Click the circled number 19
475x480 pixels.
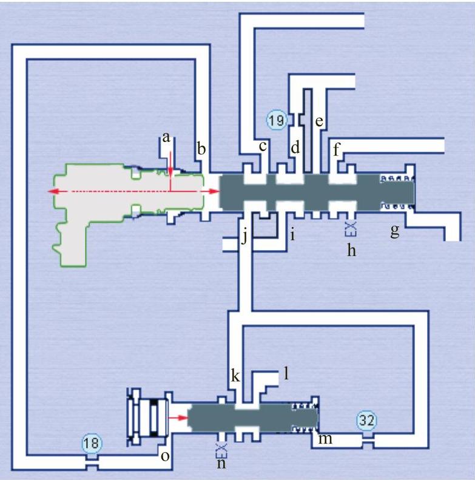276,120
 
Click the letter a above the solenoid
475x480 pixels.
164,138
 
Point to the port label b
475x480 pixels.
201,147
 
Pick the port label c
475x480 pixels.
263,146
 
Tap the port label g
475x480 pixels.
395,231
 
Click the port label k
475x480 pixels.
235,376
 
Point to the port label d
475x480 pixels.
295,147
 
